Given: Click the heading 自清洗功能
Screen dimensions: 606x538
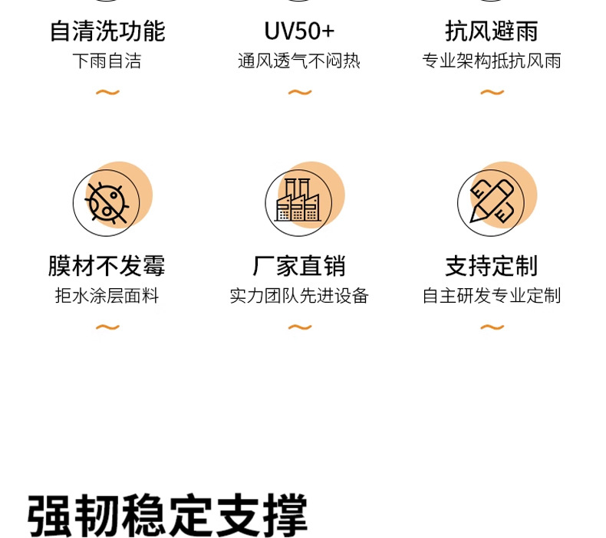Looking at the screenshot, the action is (107, 31).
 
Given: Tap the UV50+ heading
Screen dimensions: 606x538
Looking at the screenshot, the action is (299, 31).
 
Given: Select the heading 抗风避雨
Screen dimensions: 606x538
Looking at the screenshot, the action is (492, 31).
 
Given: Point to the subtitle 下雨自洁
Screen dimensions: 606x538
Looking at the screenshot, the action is (107, 61).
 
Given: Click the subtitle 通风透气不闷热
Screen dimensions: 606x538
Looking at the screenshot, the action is (299, 61).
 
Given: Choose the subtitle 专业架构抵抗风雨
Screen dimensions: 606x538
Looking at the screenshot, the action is (492, 61).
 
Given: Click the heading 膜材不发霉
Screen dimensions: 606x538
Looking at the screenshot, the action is (107, 266).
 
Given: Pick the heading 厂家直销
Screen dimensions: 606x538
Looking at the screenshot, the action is (299, 266).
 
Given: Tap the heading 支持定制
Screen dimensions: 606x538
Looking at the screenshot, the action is (492, 266).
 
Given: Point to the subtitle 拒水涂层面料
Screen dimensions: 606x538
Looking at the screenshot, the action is (107, 296).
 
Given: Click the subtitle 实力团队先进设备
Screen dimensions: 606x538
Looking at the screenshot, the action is (299, 296).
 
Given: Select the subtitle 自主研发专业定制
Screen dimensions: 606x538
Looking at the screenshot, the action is (492, 296).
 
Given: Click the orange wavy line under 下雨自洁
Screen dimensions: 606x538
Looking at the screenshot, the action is (107, 93).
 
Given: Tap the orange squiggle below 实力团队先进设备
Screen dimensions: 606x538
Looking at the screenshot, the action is (300, 327).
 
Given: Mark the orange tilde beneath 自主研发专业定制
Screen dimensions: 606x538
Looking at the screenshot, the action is (492, 327).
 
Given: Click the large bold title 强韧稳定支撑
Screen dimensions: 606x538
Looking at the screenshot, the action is (167, 515).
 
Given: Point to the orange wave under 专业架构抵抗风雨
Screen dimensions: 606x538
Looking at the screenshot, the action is (492, 93).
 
